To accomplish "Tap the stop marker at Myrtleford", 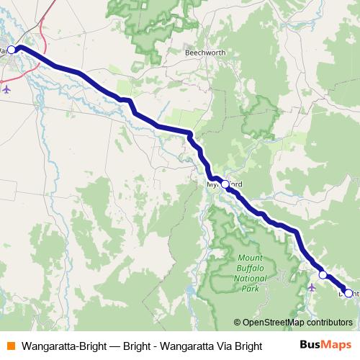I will point(225,184).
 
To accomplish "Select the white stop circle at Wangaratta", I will point(12,50).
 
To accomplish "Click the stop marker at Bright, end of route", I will point(348,293).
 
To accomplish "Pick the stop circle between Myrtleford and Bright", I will point(323,274).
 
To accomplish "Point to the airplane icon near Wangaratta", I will point(8,90).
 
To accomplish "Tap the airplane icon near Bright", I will point(311,287).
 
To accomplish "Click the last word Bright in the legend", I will point(246,346).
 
